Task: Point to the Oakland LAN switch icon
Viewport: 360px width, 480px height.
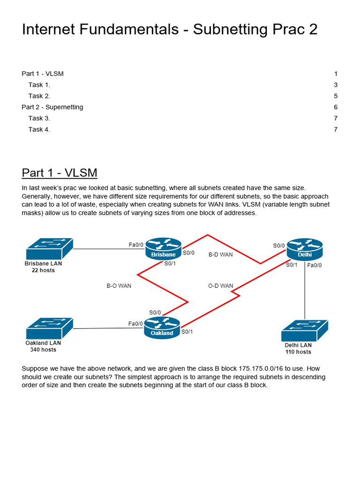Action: click(x=50, y=328)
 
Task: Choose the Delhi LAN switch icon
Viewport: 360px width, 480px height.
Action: click(x=305, y=331)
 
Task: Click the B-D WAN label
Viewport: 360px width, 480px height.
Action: click(x=220, y=255)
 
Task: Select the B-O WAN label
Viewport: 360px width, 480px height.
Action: click(x=119, y=285)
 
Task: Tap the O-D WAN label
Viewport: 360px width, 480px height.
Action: click(x=220, y=285)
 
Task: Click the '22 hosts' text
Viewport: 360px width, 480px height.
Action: click(x=43, y=270)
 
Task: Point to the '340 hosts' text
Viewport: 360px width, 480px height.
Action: click(x=43, y=350)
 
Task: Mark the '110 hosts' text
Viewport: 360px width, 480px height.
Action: click(x=298, y=352)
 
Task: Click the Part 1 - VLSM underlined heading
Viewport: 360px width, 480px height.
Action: click(x=60, y=173)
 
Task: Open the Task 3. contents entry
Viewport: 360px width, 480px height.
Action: click(x=39, y=118)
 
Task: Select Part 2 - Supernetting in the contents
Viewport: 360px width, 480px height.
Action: click(x=52, y=107)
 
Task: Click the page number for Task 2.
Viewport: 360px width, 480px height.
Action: click(x=336, y=96)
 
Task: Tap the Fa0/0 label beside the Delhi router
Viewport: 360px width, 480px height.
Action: click(x=315, y=265)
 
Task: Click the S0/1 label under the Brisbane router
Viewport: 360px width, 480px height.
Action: click(x=170, y=263)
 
